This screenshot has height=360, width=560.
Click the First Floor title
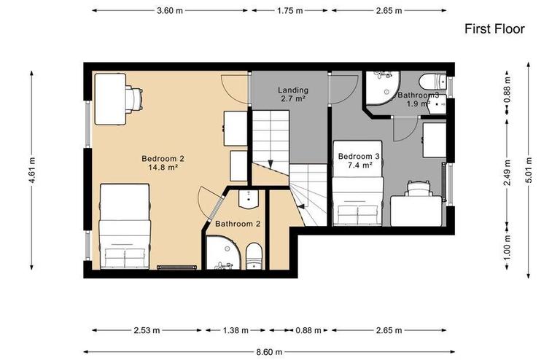(494, 29)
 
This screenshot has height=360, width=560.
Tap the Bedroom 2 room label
(162, 163)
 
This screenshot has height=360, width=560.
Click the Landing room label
(292, 94)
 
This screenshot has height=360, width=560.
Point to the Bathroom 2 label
(238, 224)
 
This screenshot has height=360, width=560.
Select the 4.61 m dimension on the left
(31, 172)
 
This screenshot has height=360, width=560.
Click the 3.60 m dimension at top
(170, 11)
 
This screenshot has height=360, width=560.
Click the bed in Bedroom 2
(124, 226)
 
